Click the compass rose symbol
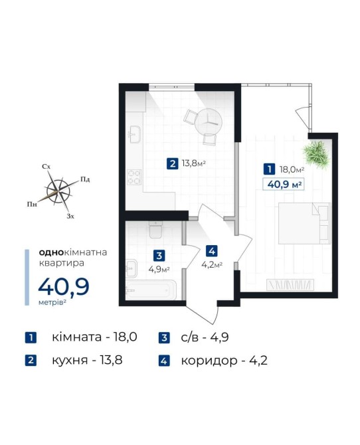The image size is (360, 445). click(x=58, y=191)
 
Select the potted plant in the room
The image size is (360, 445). click(x=316, y=155)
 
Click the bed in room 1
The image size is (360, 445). click(x=304, y=223)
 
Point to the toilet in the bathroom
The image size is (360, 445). click(x=155, y=229)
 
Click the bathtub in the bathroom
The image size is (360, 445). click(x=151, y=290)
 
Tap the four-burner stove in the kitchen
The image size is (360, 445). click(x=134, y=177)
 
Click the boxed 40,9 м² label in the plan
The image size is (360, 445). click(x=284, y=185)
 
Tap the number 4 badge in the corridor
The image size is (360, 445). click(x=212, y=251)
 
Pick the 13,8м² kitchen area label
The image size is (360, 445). click(x=194, y=163)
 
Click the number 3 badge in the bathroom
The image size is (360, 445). click(x=159, y=256)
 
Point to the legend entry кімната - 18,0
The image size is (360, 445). click(x=94, y=337)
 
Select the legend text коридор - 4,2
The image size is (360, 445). click(x=225, y=361)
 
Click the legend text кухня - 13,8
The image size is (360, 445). click(x=87, y=361)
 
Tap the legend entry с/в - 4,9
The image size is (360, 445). click(x=205, y=337)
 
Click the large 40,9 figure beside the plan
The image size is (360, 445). click(x=64, y=287)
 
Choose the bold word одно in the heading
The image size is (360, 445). click(x=50, y=252)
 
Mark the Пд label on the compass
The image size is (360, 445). click(x=85, y=179)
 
